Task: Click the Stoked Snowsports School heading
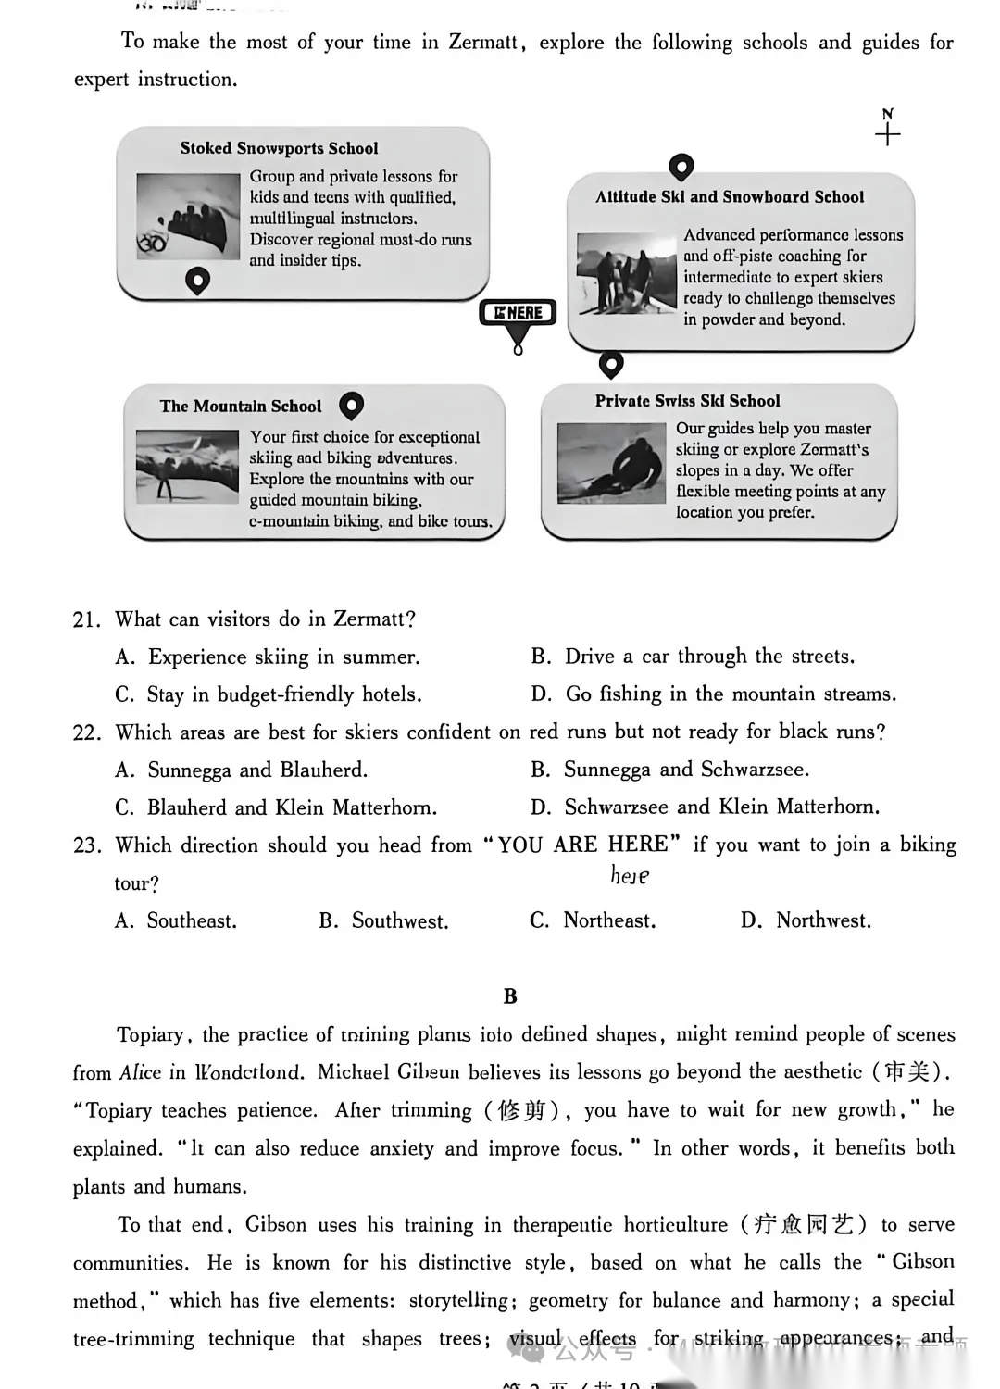279,148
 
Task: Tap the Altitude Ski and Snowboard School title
730,197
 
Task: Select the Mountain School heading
241,407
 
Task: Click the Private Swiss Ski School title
687,401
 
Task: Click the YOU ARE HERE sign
518,314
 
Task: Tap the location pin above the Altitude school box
681,167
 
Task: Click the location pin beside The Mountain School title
352,405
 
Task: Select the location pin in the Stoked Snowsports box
197,280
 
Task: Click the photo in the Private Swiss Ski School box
611,462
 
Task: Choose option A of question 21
268,657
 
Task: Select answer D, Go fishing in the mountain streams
713,694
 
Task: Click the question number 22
86,733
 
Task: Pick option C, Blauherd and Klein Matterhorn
276,808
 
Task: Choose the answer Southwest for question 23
384,921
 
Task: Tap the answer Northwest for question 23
806,920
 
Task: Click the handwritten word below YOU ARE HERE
630,875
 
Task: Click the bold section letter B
510,996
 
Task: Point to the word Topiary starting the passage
150,1035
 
